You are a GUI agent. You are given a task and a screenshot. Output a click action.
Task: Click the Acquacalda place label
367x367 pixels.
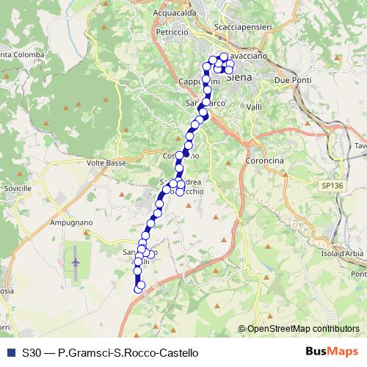click(178, 13)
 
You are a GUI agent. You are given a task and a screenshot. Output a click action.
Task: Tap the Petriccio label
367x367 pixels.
click(172, 33)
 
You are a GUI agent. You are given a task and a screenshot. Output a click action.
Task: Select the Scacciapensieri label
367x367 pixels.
click(244, 27)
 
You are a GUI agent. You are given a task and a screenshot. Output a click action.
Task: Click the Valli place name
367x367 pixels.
click(255, 107)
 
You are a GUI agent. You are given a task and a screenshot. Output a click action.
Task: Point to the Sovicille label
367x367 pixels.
click(18, 189)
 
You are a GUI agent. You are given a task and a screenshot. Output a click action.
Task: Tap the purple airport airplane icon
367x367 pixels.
click(76, 259)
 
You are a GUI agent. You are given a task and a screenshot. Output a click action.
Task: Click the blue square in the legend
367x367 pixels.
click(10, 353)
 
